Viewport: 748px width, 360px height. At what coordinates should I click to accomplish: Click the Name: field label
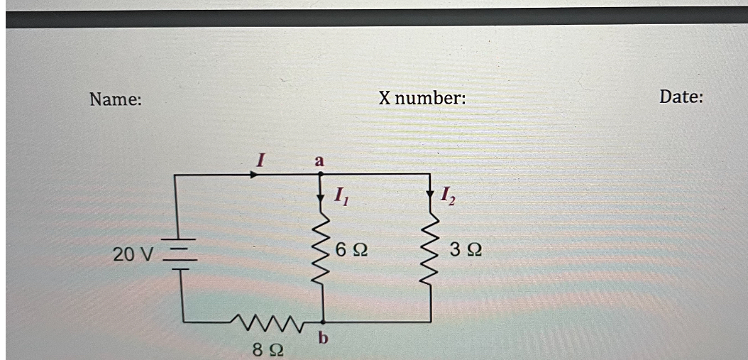click(x=116, y=100)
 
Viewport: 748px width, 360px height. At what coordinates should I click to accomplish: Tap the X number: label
click(x=422, y=99)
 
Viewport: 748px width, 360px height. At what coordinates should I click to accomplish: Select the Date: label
click(x=681, y=97)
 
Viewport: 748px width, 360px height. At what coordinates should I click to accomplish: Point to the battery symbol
click(x=180, y=254)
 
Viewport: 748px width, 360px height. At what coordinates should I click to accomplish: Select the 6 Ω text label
click(x=351, y=250)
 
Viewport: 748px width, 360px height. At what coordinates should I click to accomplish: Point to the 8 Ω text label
click(x=268, y=351)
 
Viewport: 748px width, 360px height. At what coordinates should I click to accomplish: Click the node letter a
click(x=319, y=161)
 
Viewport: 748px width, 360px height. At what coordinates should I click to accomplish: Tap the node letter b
click(x=323, y=338)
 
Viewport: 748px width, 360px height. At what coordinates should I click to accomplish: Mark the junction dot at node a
click(x=321, y=174)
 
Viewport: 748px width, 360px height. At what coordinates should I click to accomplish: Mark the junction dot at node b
click(x=323, y=322)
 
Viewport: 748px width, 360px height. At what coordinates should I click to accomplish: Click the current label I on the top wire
click(x=260, y=159)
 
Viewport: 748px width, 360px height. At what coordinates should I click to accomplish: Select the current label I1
click(x=341, y=195)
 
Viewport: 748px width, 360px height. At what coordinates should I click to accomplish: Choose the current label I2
click(x=448, y=195)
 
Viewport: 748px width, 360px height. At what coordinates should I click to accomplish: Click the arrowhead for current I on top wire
click(x=254, y=175)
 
